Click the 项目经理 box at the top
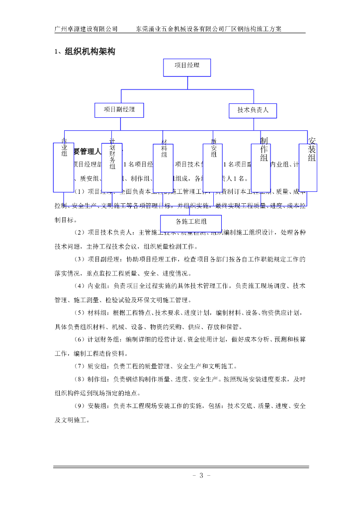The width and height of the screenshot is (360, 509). click(187, 67)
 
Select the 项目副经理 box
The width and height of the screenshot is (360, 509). click(119, 109)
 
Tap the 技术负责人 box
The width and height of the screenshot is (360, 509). click(253, 110)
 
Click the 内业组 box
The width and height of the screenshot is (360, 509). click(64, 168)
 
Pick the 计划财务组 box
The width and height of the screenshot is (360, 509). click(112, 168)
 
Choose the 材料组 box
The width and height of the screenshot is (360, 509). click(164, 168)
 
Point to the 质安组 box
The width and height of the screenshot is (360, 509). click(213, 168)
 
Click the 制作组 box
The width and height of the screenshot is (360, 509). click(264, 168)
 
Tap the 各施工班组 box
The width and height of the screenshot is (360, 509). click(191, 222)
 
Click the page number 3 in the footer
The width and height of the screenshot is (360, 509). click(201, 476)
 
